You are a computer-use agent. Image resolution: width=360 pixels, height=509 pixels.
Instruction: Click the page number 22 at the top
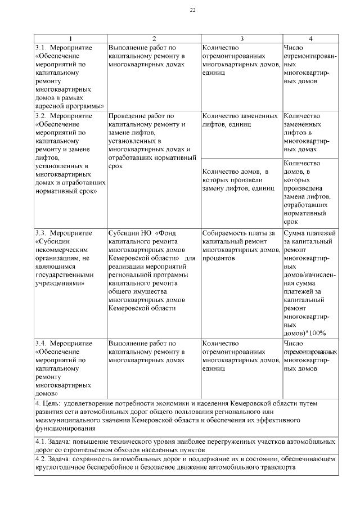point(192,11)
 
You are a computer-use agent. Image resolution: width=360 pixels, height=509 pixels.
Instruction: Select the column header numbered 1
point(70,38)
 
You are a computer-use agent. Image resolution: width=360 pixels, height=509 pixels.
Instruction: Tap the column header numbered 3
point(242,38)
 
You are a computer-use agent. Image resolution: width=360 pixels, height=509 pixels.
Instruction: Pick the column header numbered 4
point(310,38)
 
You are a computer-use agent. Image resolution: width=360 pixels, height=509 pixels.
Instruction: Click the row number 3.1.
point(40,47)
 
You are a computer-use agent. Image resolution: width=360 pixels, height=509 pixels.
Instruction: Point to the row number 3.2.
point(40,116)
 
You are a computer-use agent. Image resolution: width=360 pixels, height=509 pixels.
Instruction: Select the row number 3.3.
point(40,232)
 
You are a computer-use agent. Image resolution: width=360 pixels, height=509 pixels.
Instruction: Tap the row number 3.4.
point(40,343)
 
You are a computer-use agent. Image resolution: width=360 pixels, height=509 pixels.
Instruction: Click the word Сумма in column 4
point(295,232)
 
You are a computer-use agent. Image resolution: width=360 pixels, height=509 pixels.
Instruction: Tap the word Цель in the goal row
point(51,403)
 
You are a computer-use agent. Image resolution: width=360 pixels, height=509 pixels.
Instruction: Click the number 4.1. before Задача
point(41,442)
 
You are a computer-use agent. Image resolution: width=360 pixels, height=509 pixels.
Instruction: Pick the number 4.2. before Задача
point(41,459)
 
